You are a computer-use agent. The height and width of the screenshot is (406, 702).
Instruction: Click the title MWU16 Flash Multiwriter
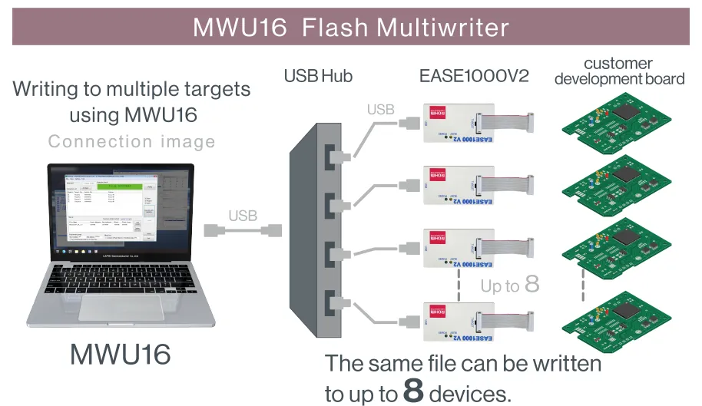coord(350,28)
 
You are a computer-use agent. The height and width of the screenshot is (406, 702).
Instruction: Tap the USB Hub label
coord(318,76)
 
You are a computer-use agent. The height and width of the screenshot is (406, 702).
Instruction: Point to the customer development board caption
coord(618,71)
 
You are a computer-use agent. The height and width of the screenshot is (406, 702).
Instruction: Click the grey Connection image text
coord(131,141)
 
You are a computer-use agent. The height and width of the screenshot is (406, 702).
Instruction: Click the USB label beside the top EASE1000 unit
coord(380,110)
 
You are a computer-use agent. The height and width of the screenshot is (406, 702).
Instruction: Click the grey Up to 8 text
coord(510,286)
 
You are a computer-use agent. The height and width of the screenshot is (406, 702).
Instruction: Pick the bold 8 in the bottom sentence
coord(413,390)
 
